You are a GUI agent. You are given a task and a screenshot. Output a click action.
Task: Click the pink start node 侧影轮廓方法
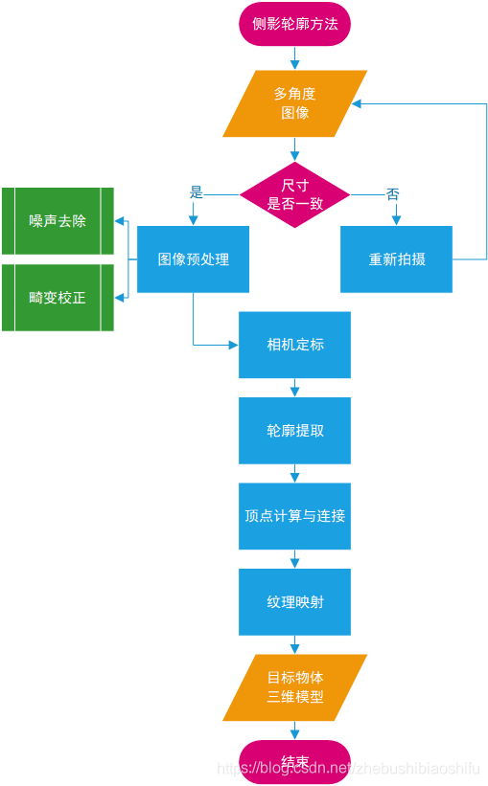[x=294, y=24]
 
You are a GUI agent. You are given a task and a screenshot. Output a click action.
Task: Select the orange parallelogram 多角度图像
[x=294, y=103]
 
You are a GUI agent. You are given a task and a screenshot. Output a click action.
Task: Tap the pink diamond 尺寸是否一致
[x=294, y=194]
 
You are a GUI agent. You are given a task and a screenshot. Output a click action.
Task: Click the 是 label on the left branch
[x=197, y=192]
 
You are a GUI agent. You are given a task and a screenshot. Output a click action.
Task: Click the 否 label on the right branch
[x=392, y=193]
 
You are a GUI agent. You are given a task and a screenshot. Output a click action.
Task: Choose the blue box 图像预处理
[x=193, y=259]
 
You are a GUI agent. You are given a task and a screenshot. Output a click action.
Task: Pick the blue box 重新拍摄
[x=397, y=259]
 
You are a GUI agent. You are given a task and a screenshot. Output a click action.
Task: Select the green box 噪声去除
[x=58, y=221]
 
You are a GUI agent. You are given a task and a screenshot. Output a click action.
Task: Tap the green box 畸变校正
[x=58, y=298]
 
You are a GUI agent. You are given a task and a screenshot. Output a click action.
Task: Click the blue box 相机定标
[x=294, y=345]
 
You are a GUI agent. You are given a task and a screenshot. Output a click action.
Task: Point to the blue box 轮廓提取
[x=294, y=431]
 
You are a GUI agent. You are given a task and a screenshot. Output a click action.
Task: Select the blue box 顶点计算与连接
[x=294, y=516]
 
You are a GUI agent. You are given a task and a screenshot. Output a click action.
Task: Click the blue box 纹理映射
[x=294, y=602]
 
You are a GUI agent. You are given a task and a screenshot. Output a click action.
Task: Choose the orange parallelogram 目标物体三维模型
[x=294, y=687]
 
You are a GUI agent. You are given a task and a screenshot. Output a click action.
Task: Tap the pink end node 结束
[x=294, y=762]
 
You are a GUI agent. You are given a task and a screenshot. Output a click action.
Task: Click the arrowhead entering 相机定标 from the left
[x=233, y=345]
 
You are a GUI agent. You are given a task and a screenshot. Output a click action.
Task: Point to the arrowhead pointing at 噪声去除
[x=120, y=221]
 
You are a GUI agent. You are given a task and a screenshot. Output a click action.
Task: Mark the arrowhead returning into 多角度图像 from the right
[x=357, y=103]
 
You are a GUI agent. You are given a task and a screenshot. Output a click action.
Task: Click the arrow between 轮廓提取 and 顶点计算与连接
[x=294, y=474]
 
